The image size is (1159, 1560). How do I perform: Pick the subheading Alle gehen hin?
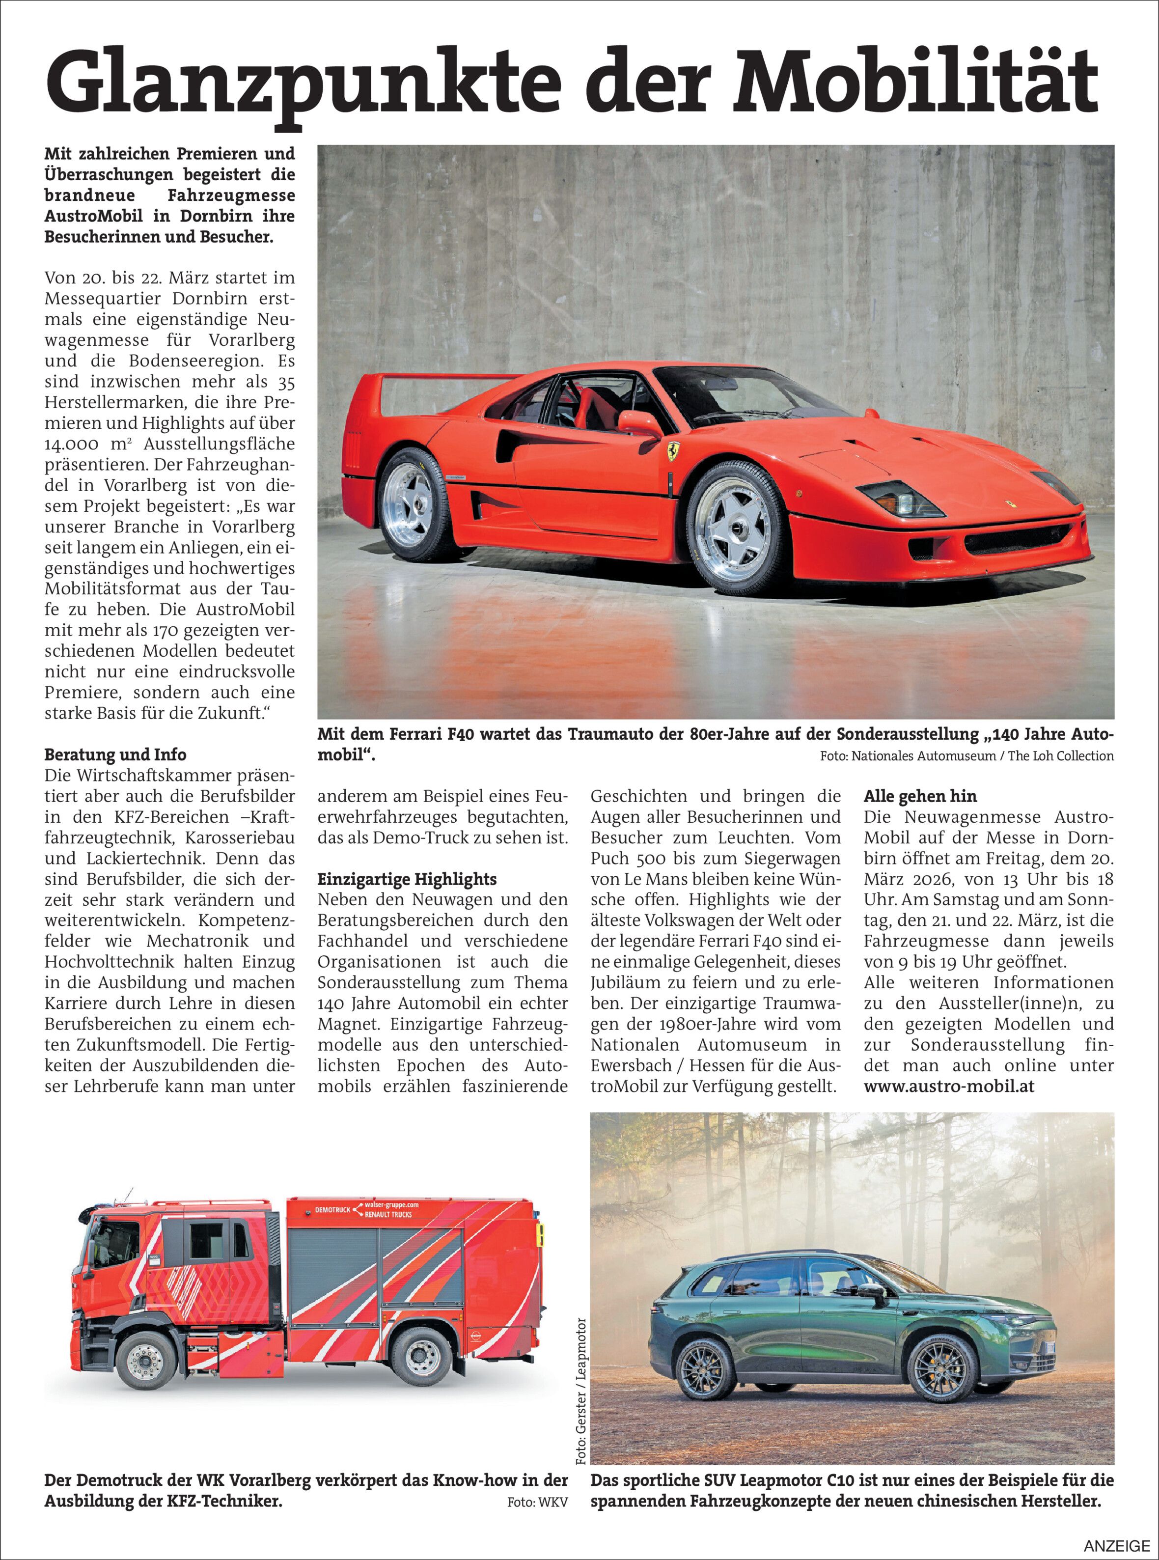920,797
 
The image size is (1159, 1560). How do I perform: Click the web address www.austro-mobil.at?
949,1086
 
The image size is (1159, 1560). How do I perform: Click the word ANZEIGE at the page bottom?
1117,1546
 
